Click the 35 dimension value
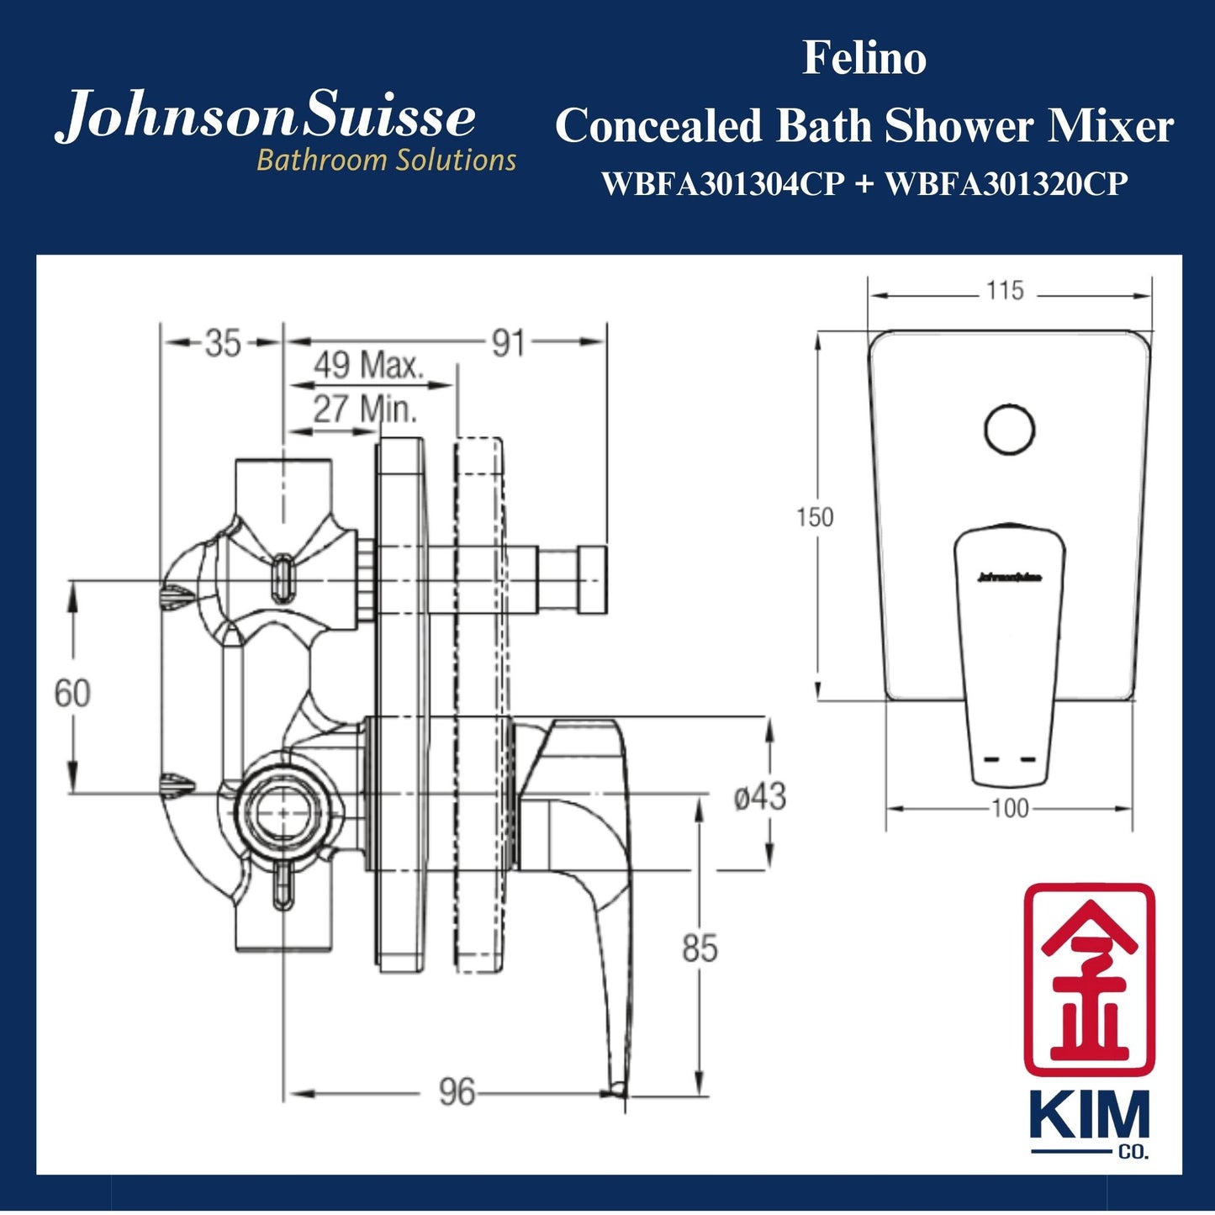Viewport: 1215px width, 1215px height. pos(223,344)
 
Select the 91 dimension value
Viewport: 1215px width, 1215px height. pos(508,344)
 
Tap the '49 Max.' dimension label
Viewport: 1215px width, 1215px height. pos(369,366)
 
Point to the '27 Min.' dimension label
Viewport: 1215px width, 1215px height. pos(365,409)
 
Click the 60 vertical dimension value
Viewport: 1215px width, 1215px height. pos(72,694)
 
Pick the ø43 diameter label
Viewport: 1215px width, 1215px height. pos(759,796)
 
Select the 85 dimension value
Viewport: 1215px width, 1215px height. pos(700,948)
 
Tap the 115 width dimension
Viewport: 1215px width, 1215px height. pos(1005,291)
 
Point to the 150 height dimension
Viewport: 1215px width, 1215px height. pos(815,516)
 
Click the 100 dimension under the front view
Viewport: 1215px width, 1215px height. pos(1009,809)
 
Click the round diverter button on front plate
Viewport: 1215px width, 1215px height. pos(1009,430)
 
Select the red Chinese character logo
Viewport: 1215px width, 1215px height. pos(1089,979)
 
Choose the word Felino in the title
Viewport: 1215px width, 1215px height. pos(864,59)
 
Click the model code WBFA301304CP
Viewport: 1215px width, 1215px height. pos(723,184)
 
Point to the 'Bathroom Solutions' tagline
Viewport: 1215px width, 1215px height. pos(386,160)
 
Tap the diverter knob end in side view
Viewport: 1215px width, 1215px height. pos(591,578)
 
